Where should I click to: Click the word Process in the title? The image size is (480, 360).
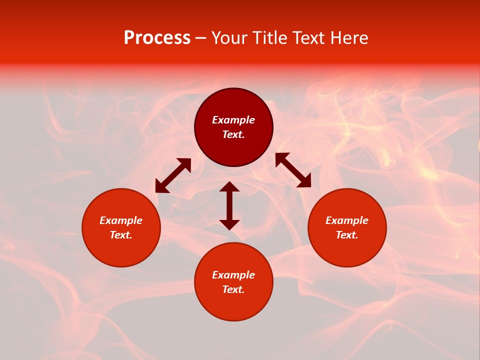click(x=157, y=38)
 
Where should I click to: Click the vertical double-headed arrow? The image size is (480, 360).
click(x=229, y=205)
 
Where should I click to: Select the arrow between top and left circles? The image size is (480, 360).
click(x=173, y=175)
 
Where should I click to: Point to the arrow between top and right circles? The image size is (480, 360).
click(x=293, y=170)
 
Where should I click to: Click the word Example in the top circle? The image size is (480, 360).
click(x=233, y=120)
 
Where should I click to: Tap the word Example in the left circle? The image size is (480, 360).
click(x=121, y=220)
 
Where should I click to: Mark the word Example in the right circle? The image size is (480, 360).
click(x=347, y=220)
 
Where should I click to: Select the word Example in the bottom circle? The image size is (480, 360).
click(x=233, y=275)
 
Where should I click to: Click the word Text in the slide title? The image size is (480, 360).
click(x=309, y=38)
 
